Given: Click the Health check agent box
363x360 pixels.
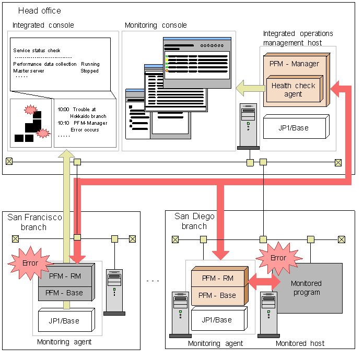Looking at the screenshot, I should (x=294, y=90).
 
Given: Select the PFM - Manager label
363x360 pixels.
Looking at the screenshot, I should (x=294, y=64).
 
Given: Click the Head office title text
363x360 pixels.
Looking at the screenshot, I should (x=39, y=10).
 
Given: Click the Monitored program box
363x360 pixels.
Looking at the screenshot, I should (x=307, y=288).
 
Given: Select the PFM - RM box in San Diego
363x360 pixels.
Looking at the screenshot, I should (x=218, y=278).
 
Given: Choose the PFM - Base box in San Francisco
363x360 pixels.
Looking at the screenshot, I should (x=66, y=293).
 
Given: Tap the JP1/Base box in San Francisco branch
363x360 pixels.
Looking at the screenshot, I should (x=65, y=320).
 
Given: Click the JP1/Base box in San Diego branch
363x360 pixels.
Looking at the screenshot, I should (x=217, y=319).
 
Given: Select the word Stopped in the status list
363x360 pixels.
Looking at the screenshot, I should (x=89, y=71).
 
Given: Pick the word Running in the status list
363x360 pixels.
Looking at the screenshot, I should (x=90, y=64).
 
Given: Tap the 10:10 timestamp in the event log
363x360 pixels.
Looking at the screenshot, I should (x=64, y=123).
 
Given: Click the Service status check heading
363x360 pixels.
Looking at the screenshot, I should (x=37, y=51).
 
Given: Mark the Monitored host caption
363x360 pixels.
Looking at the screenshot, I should (x=300, y=343).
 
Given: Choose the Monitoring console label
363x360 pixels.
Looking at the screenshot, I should (x=156, y=25).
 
